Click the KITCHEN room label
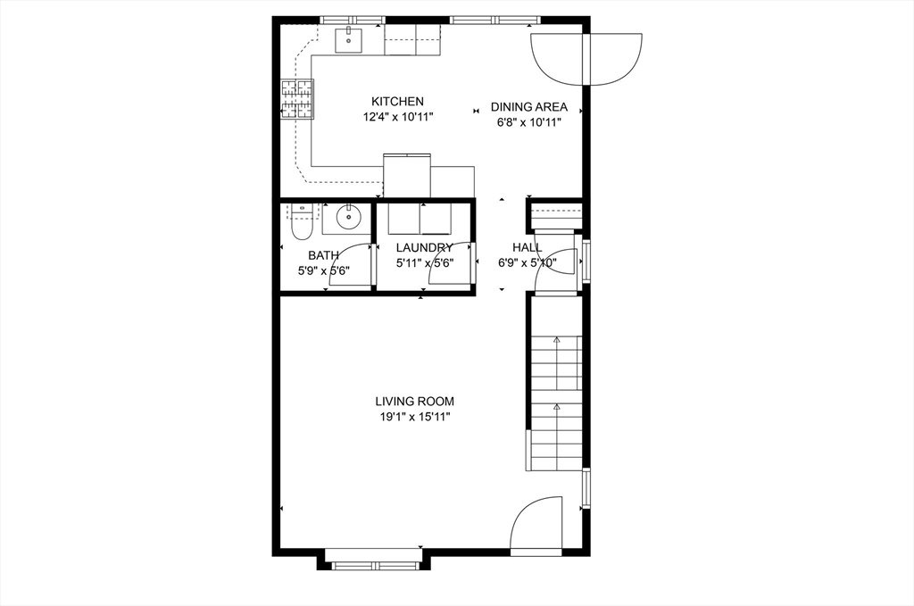click(397, 102)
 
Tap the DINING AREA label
click(529, 107)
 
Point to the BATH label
click(323, 255)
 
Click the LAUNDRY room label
click(424, 247)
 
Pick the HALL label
click(527, 247)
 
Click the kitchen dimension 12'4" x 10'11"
click(397, 117)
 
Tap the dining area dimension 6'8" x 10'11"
click(529, 122)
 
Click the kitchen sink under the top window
click(348, 39)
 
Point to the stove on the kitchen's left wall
click(298, 99)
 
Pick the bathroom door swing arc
click(349, 265)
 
